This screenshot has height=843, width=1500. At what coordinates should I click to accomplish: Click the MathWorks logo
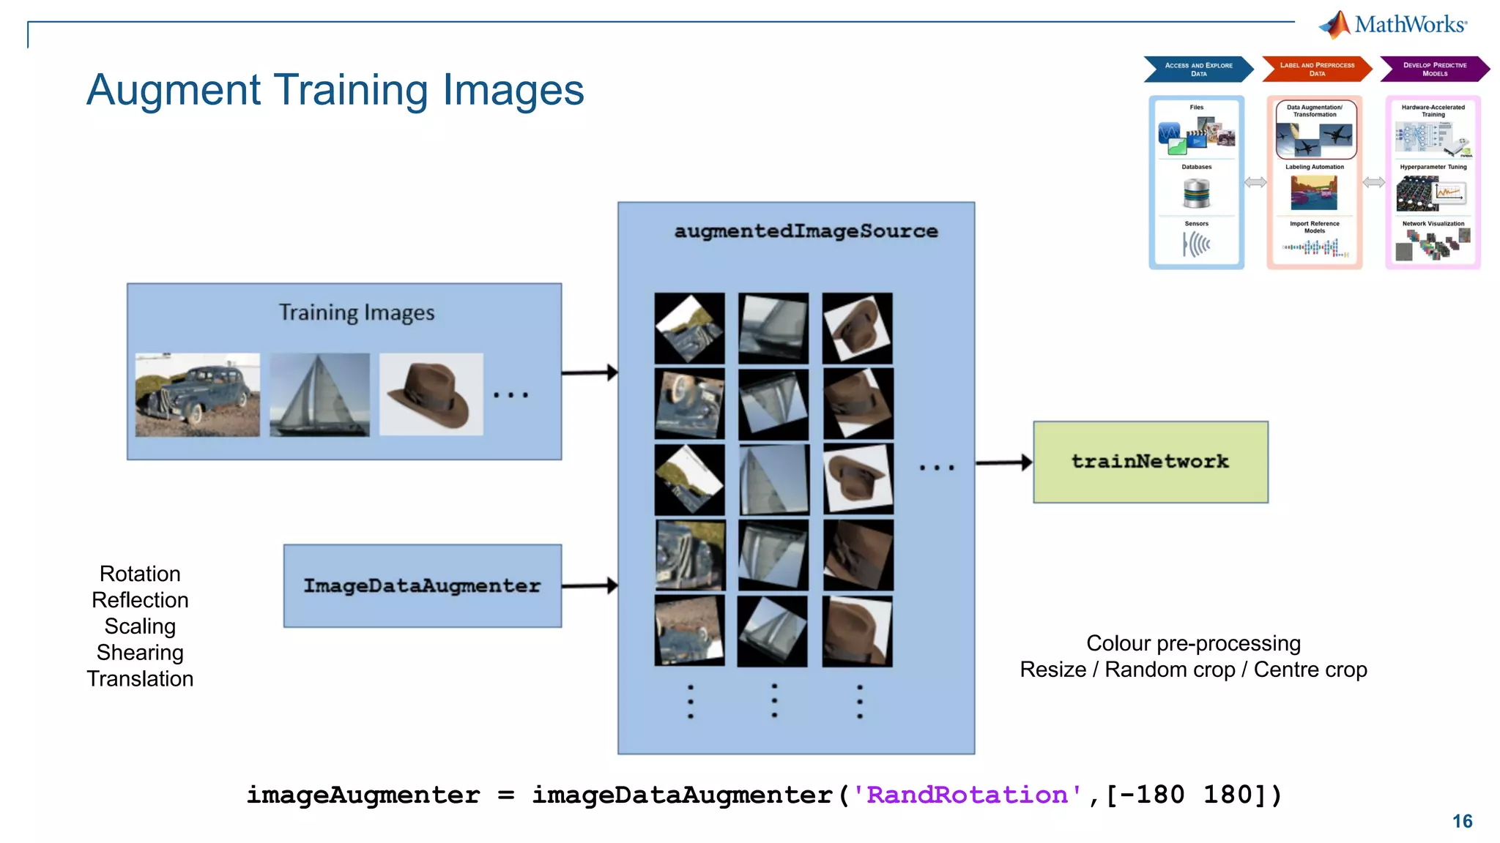tap(1393, 24)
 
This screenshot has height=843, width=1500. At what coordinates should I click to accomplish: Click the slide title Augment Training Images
tap(335, 90)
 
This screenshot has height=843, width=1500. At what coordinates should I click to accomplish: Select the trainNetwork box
tap(1150, 462)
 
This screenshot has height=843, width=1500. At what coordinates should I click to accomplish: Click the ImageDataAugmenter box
tap(422, 585)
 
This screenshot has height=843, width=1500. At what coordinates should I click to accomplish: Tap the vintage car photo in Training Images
tap(197, 395)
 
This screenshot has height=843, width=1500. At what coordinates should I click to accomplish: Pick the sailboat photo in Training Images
tap(319, 395)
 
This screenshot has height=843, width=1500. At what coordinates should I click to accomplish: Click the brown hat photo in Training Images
tap(431, 395)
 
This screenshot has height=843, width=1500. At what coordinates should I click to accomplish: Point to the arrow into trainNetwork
tap(1003, 462)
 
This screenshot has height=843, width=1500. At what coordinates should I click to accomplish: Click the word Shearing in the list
tap(140, 652)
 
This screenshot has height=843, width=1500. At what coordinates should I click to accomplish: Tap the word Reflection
tap(140, 599)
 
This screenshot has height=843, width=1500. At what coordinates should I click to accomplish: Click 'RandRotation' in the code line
tap(967, 795)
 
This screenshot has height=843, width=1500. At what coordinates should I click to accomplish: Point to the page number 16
tap(1462, 821)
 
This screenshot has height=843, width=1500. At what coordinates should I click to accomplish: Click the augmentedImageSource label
tap(806, 231)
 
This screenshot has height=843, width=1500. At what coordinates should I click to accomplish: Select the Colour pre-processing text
tap(1193, 643)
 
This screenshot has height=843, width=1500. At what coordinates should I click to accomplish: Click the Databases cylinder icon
tap(1196, 193)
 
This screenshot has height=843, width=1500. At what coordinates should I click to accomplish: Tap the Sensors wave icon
tap(1196, 244)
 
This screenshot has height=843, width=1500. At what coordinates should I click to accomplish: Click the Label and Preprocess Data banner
tap(1316, 69)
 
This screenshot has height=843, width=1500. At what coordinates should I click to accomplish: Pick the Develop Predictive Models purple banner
tap(1434, 69)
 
